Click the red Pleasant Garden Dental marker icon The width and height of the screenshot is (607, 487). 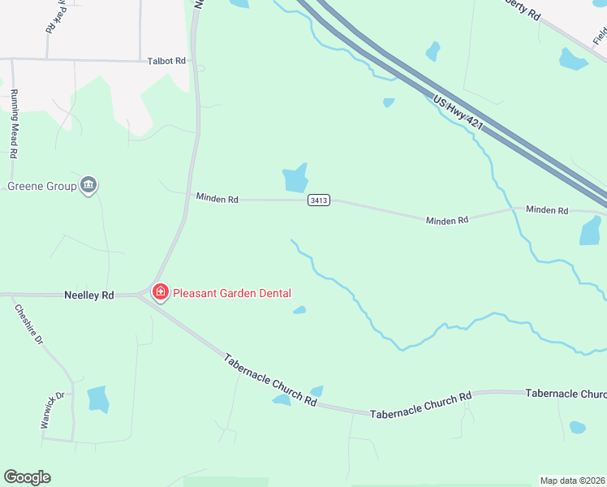click(160, 291)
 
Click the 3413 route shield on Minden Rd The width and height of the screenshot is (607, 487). click(319, 200)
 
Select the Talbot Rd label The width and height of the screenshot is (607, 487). click(166, 61)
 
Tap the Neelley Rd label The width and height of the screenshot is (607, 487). click(89, 295)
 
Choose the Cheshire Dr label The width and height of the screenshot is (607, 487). click(28, 325)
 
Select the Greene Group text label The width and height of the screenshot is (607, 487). click(42, 186)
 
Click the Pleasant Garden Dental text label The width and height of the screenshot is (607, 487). click(230, 293)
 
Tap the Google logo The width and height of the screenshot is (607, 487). click(27, 477)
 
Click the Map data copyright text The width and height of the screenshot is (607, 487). click(573, 481)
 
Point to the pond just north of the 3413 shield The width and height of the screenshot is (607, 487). click(295, 178)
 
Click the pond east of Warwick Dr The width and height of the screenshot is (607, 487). click(98, 399)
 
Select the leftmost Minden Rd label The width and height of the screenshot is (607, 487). click(217, 197)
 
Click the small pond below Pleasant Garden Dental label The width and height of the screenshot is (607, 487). click(299, 309)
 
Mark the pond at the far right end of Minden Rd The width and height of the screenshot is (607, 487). click(591, 231)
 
